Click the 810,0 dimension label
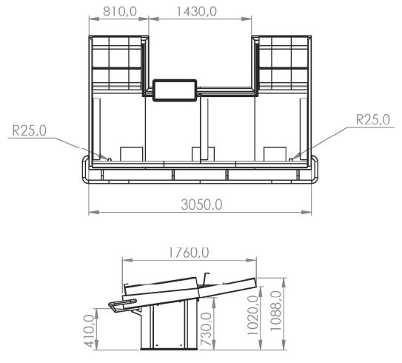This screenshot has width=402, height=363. pyautogui.click(x=118, y=11)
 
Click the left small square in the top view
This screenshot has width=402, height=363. pyautogui.click(x=130, y=153)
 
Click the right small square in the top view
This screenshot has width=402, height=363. pyautogui.click(x=274, y=153)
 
